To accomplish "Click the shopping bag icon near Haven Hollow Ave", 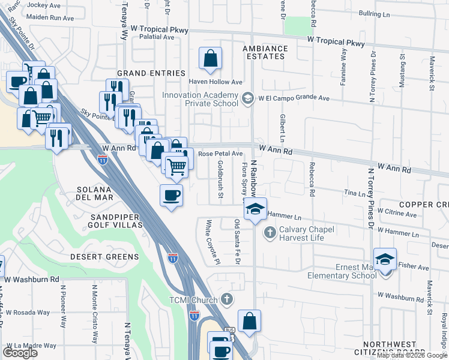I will point(210,59).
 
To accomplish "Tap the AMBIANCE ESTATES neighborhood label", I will point(265,52).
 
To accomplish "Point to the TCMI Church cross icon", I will point(226,299).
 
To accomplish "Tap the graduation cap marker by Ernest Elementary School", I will point(385,259).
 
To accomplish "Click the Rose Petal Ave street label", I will point(220,154).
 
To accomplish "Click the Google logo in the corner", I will point(20,353).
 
